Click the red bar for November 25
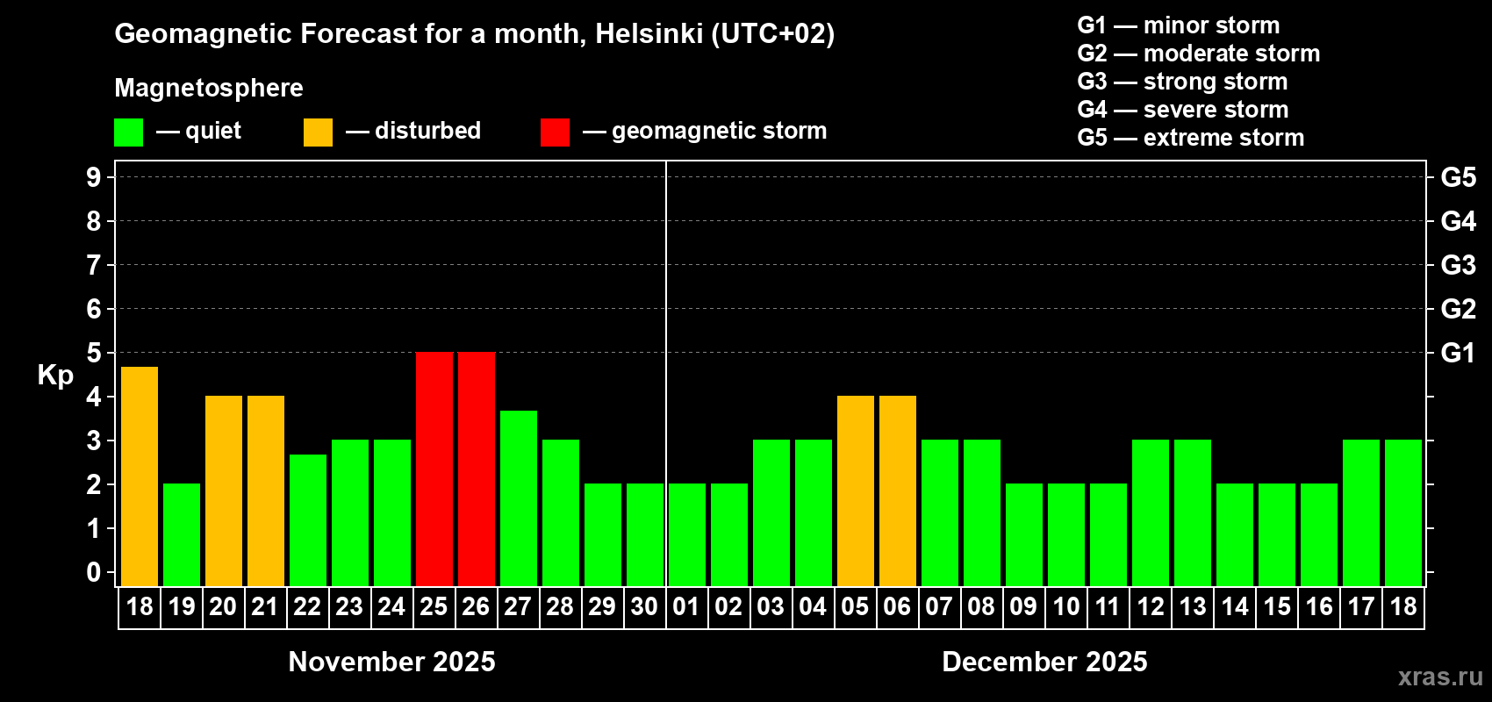(434, 469)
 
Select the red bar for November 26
(477, 469)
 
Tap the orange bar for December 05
(856, 491)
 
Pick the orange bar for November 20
(224, 491)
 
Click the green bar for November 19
(182, 534)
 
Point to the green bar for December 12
(1151, 512)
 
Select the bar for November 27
(519, 498)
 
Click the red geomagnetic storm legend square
(555, 133)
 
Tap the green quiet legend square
(129, 133)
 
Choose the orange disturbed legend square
(318, 133)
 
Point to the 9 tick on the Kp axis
(94, 177)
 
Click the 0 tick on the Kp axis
(94, 572)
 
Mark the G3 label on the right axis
(1458, 265)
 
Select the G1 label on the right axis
(1458, 353)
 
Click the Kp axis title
(55, 375)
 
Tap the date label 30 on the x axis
(644, 607)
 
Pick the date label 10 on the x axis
(1066, 607)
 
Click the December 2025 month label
(1044, 662)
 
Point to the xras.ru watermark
(1440, 677)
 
